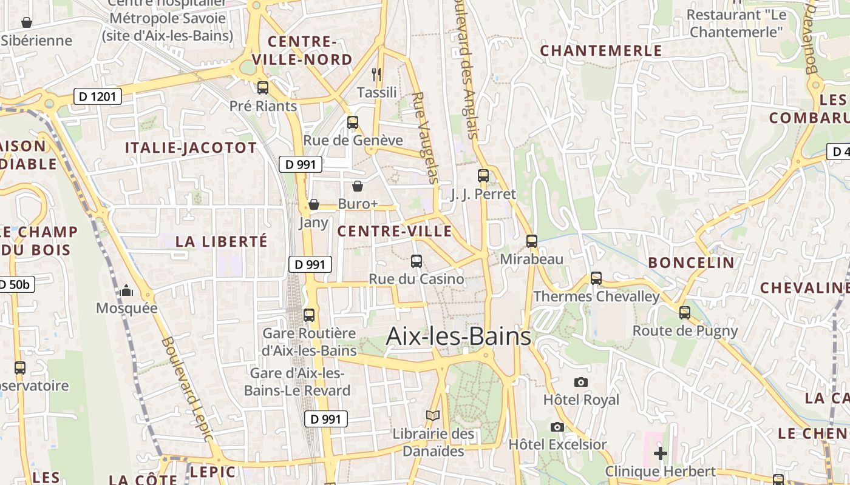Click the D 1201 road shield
point(98,96)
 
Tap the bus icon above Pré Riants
point(263,88)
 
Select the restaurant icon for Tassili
point(376,75)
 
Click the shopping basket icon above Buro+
point(358,186)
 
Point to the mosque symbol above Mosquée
point(126,291)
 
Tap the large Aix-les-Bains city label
point(458,336)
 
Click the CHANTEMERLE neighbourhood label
point(600,51)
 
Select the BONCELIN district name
point(691,263)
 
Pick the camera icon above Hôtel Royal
point(581,382)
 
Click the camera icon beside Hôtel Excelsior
point(557,427)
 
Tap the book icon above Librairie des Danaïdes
point(432,415)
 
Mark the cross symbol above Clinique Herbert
point(661,453)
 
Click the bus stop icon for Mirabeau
point(532,241)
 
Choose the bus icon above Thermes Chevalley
point(596,278)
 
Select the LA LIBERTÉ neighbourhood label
point(222,241)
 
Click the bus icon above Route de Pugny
point(685,313)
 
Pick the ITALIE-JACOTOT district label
point(191,147)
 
